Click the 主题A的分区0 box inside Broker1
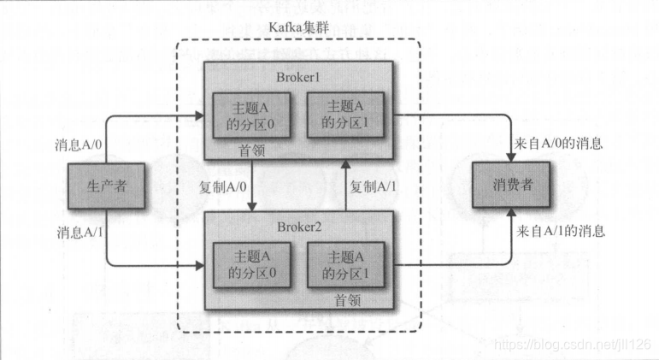[252, 116]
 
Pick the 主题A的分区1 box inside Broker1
[346, 116]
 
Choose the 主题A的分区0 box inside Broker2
[252, 265]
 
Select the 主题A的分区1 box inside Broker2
[346, 265]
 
